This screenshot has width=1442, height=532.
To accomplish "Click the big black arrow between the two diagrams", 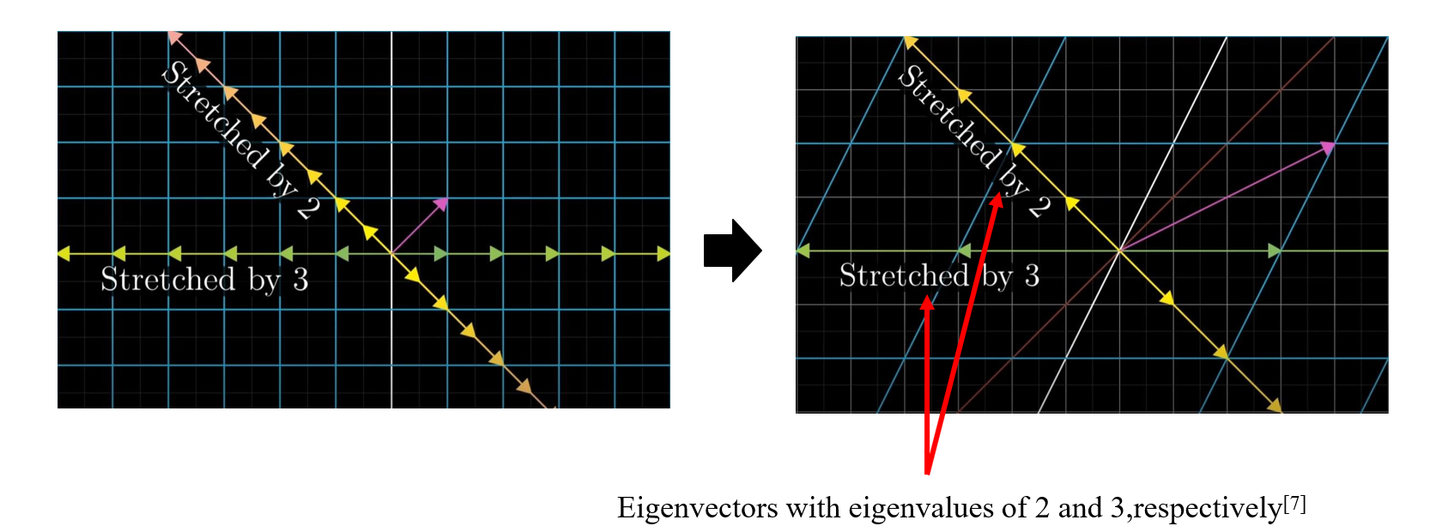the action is [731, 251].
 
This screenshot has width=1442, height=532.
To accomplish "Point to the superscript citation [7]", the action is [1294, 503].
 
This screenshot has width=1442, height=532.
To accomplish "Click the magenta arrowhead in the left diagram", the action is [441, 203].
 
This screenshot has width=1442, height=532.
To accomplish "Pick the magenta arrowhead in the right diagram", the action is [1328, 148].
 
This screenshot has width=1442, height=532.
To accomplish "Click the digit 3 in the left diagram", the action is [300, 280].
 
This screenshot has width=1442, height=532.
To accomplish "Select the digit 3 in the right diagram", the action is [1032, 275].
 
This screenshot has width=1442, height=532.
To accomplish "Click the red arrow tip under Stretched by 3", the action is [927, 301].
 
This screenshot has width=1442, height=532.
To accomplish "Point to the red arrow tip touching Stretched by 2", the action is [997, 200].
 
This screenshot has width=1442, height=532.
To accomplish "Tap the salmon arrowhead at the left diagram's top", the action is [174, 37].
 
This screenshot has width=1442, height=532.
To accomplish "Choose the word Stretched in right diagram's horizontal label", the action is [904, 275].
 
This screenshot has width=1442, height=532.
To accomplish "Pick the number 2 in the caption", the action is [1041, 508].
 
